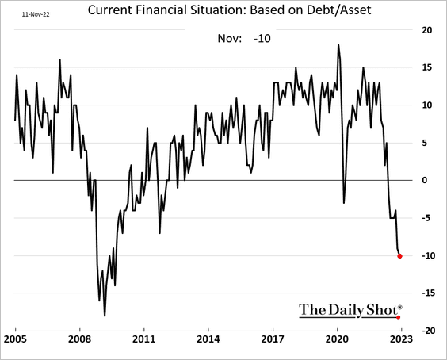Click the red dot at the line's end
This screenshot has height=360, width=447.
tap(399, 256)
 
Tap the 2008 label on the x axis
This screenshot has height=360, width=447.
tap(80, 339)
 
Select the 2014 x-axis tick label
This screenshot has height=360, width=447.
tap(208, 339)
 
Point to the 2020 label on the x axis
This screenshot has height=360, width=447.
tap(337, 339)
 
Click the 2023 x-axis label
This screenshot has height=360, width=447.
tap(401, 339)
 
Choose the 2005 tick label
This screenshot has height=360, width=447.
tap(15, 339)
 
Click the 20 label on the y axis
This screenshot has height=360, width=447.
tap(426, 30)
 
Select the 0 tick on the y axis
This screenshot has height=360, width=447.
tap(425, 180)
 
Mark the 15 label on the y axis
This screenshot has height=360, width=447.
tap(426, 67)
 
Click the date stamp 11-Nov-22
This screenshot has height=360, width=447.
tap(36, 14)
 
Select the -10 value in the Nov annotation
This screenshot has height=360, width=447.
tap(262, 38)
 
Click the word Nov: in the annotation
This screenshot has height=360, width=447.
tap(230, 38)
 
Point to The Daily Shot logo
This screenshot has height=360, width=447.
tap(351, 310)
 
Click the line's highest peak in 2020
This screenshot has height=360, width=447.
tap(338, 44)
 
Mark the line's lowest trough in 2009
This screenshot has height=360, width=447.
tap(105, 316)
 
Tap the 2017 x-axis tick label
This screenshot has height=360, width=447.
tap(273, 339)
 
